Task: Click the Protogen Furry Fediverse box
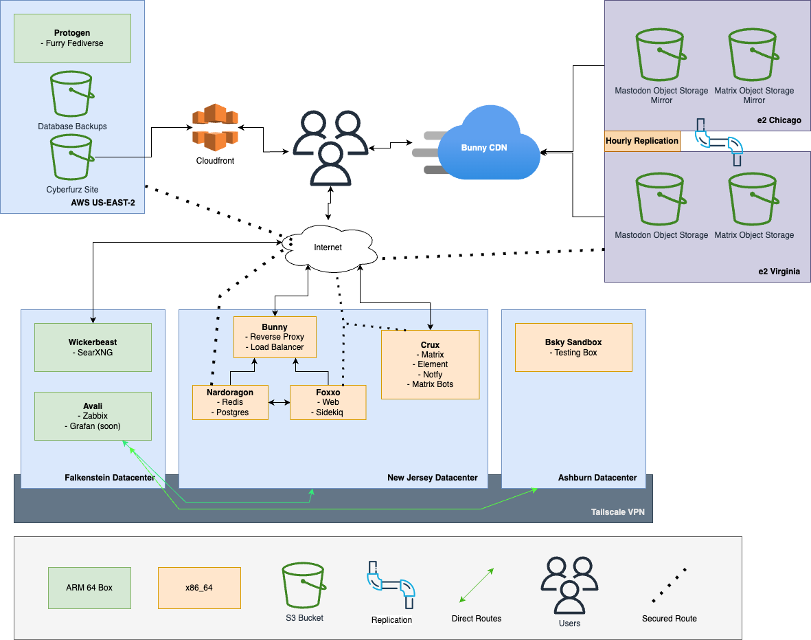tap(72, 38)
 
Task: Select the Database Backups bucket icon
tap(72, 95)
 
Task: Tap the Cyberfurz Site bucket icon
tap(71, 157)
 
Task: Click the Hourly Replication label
tap(642, 141)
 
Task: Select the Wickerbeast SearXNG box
tap(93, 347)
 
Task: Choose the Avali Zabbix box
tap(93, 416)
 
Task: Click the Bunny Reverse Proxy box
tap(275, 337)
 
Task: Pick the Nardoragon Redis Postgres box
tap(231, 402)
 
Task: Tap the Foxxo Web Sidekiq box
tap(328, 402)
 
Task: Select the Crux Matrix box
tap(430, 364)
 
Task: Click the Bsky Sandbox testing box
tap(573, 347)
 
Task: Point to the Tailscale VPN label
tap(618, 512)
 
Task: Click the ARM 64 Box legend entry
tap(89, 588)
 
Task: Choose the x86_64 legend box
tap(199, 588)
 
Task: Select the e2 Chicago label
tap(779, 120)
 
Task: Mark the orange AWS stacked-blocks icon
tap(215, 127)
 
